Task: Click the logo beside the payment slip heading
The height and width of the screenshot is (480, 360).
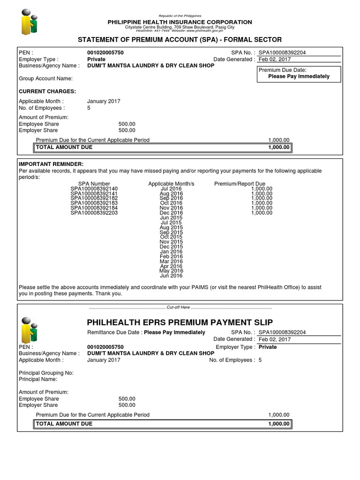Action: [30, 330]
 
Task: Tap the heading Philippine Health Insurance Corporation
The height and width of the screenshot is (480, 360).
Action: [180, 22]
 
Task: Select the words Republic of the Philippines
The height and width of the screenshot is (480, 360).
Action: [180, 16]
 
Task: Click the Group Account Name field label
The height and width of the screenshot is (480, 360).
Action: [45, 79]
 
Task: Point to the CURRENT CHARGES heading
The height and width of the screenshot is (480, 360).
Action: [47, 91]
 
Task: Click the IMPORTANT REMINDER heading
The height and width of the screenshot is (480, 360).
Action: [51, 164]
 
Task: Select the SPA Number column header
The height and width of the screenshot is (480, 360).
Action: [94, 184]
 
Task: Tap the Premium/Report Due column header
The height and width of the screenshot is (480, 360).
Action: [240, 184]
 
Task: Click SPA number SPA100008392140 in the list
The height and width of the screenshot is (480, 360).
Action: [94, 188]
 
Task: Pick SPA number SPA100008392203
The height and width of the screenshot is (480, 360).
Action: [94, 213]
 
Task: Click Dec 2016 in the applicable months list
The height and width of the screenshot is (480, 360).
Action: [171, 213]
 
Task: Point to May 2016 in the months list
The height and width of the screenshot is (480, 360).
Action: [171, 271]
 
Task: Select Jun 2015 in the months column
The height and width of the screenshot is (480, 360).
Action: [171, 217]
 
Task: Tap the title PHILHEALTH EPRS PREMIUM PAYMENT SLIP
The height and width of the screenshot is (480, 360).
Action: [180, 322]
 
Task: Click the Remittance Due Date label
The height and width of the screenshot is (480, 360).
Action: [114, 332]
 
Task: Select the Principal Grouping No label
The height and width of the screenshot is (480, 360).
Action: [46, 373]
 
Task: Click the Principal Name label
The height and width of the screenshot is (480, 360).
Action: [38, 379]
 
